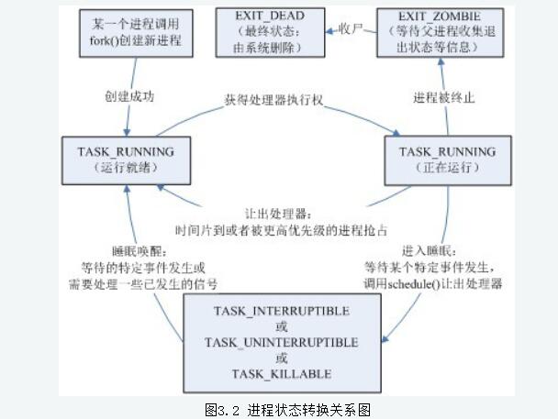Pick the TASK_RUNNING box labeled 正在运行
(x=446, y=158)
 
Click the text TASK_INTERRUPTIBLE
(x=281, y=312)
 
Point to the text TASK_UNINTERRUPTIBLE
(x=281, y=343)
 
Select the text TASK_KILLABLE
(x=281, y=374)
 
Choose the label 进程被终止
(x=444, y=97)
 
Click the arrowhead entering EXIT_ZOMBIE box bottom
(x=441, y=62)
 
